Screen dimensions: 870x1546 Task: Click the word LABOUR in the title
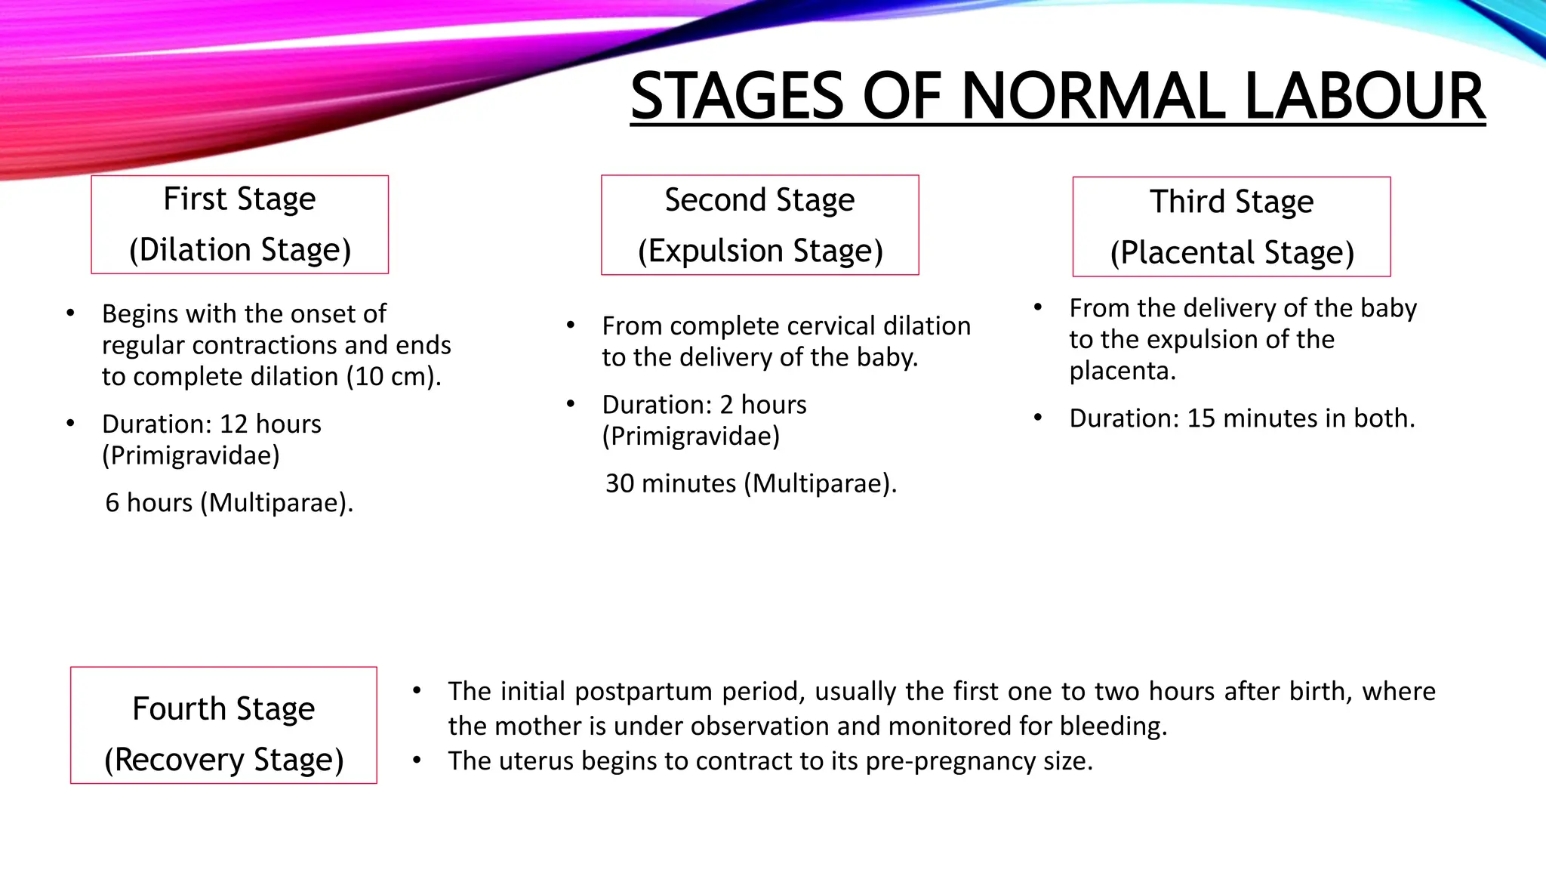click(1364, 97)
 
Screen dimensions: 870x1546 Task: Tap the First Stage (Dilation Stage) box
click(239, 224)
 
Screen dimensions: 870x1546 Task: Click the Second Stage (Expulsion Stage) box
click(759, 225)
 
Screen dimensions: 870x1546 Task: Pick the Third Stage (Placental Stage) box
click(1231, 227)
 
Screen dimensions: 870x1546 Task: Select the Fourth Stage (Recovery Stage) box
click(223, 725)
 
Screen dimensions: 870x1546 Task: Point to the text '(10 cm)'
click(394, 377)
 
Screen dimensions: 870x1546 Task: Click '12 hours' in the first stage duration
click(270, 424)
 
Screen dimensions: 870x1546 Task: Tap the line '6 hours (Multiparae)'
click(229, 503)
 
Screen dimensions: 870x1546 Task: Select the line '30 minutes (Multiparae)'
click(750, 483)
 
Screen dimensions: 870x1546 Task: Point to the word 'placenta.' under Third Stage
click(1122, 372)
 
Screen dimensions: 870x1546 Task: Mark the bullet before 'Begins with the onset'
click(70, 313)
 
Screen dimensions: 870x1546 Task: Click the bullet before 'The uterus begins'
click(417, 760)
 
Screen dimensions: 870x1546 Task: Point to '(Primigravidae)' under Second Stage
click(690, 437)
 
